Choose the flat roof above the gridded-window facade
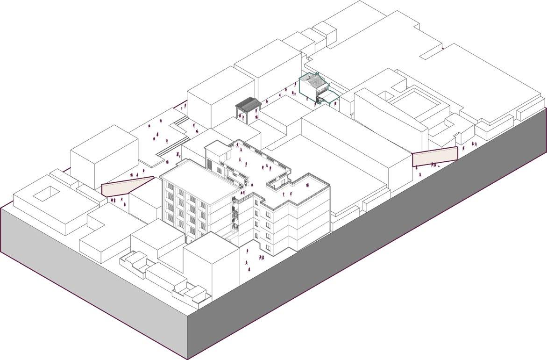[x=199, y=178]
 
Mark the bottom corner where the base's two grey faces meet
[x=188, y=358]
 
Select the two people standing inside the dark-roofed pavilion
[x=246, y=115]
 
